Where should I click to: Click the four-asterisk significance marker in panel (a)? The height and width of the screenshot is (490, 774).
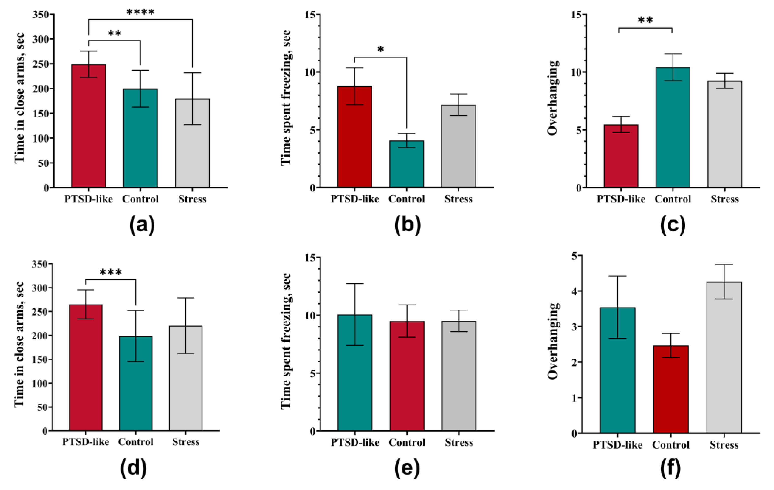[140, 12]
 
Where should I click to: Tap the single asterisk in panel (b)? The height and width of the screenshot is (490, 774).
[380, 49]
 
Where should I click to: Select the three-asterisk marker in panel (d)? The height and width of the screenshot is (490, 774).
[111, 273]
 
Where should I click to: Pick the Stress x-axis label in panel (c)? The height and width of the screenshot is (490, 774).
[725, 199]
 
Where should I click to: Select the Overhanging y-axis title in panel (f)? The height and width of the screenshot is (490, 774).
[553, 341]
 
